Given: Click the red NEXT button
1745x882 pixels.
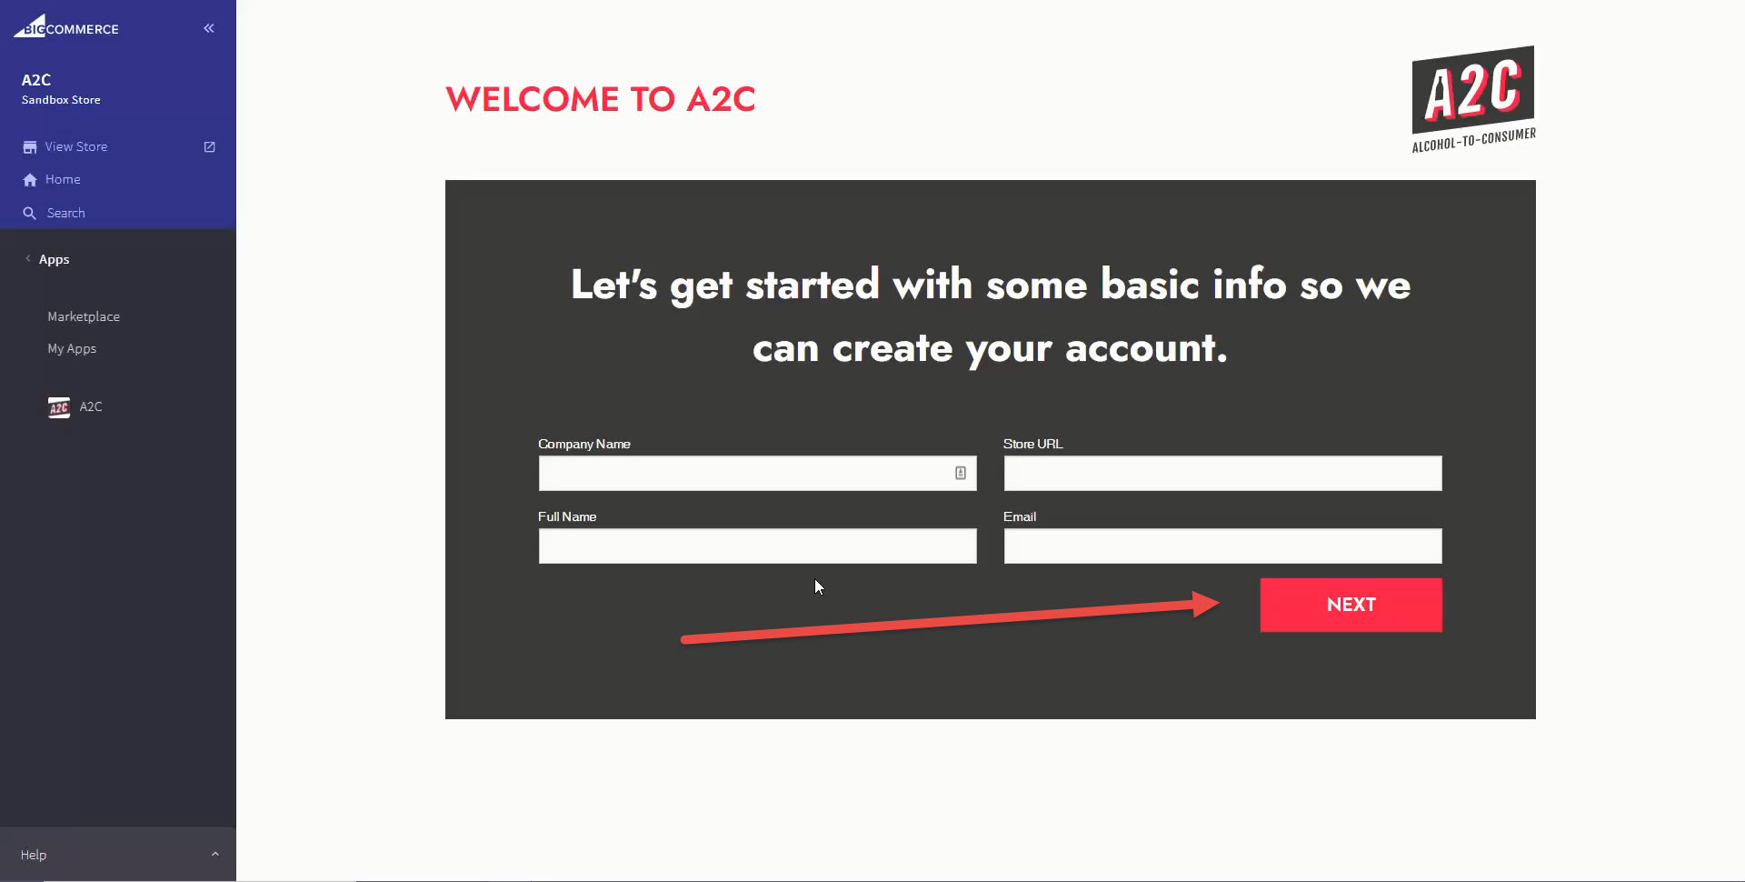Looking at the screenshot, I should pos(1351,605).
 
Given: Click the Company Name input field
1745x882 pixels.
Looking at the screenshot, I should pos(742,474).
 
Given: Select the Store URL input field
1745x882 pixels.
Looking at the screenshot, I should pos(1222,474).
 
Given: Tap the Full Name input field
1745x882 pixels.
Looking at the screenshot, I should pos(757,546).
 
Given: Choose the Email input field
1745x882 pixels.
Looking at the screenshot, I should pos(1222,546).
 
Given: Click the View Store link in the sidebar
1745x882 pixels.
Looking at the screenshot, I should pos(76,146).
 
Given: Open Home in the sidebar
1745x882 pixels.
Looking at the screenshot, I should pos(63,180).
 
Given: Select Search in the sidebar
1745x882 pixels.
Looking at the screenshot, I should pos(65,213).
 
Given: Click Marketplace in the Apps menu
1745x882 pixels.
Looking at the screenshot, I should pos(84,316).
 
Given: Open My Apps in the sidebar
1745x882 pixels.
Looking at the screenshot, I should pos(72,348).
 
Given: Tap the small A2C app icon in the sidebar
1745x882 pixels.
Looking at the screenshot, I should pos(59,407).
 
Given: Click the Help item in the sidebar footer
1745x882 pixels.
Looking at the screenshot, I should pos(34,855).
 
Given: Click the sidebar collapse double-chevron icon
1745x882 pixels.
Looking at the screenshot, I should pos(209,28).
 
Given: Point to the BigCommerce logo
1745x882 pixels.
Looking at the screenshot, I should pos(66,27).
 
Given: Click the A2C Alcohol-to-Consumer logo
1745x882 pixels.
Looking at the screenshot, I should pos(1473,98).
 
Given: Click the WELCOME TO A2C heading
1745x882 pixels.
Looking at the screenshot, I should pos(600,99).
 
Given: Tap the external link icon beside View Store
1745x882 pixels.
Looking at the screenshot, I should pos(210,146).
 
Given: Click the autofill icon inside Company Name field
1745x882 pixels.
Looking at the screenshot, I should pos(960,473).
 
